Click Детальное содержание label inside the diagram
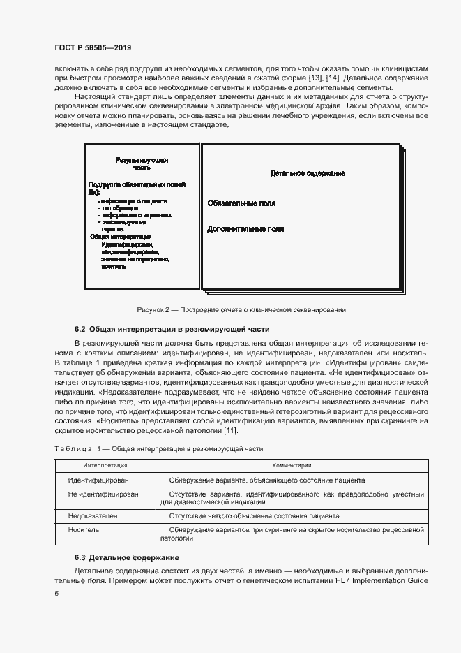tap(308, 173)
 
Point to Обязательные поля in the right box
tap(241, 203)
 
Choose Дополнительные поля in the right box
tap(245, 228)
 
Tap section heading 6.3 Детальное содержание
tap(127, 557)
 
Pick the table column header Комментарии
tap(292, 464)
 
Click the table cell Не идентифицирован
tap(103, 494)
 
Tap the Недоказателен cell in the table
tap(93, 515)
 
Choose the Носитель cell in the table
tap(84, 529)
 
